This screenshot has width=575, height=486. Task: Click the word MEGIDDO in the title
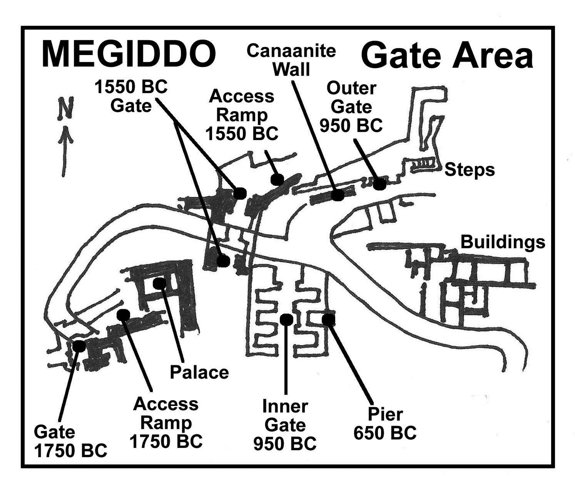coord(129,54)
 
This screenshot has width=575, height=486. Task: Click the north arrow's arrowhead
coord(65,134)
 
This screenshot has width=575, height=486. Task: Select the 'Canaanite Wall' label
coord(291,60)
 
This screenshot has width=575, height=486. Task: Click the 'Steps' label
coord(469,170)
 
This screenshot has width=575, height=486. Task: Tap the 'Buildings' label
coord(503,242)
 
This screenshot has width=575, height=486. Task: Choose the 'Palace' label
coord(199,372)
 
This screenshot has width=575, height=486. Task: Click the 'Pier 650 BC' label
coord(385,424)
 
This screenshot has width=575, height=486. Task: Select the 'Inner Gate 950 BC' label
coord(285,425)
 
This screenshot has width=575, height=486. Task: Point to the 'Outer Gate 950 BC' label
coord(351,107)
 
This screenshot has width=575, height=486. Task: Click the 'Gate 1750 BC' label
coord(70,441)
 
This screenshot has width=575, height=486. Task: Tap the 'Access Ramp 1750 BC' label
coord(166,423)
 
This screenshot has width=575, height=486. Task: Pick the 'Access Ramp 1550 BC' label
coord(241,115)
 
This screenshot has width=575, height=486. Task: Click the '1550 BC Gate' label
coord(131,96)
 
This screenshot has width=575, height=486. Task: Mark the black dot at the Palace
coord(159,283)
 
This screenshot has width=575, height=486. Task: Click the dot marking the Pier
coord(328,319)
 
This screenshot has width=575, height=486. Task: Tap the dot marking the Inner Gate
coord(286,319)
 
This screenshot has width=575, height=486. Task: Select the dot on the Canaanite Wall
coord(338,195)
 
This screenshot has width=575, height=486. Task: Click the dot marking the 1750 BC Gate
coord(79,346)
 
